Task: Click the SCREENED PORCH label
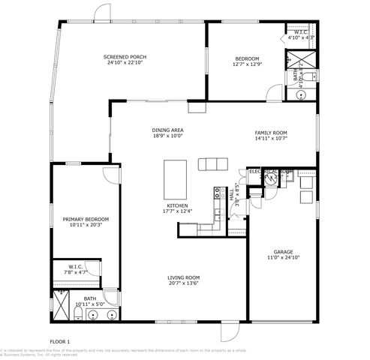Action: [x=125, y=57]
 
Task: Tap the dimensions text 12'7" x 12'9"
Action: [x=248, y=64]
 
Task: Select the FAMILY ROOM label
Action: [x=271, y=133]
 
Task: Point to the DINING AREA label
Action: [x=168, y=130]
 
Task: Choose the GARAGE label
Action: [x=283, y=252]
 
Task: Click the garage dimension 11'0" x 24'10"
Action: [x=283, y=258]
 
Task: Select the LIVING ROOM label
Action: [x=183, y=277]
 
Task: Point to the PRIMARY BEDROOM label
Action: [x=85, y=219]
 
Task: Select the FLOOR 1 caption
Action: [x=59, y=342]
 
